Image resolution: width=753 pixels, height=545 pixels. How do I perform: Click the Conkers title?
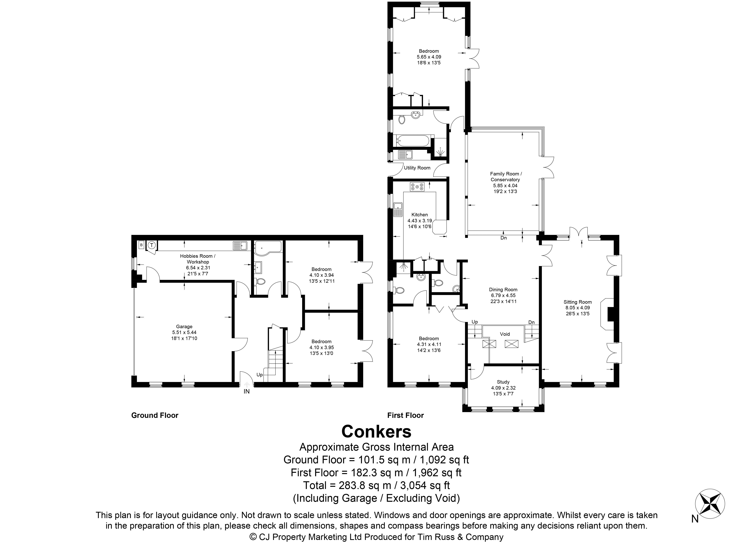(x=376, y=432)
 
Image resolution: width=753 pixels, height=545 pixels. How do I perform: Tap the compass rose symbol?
(x=710, y=505)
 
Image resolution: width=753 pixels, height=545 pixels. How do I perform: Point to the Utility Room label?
(x=417, y=168)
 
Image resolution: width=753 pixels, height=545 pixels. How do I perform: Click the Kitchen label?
(x=420, y=215)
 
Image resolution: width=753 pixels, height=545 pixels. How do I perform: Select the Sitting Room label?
(x=578, y=302)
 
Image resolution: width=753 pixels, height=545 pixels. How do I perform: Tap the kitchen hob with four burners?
(x=417, y=187)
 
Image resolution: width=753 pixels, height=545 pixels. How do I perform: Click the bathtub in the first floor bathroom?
(x=412, y=141)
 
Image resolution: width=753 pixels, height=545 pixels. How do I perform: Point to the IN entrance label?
(x=247, y=392)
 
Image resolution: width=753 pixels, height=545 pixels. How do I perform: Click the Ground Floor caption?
(x=155, y=416)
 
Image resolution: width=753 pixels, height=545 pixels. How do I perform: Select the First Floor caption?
(x=405, y=416)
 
